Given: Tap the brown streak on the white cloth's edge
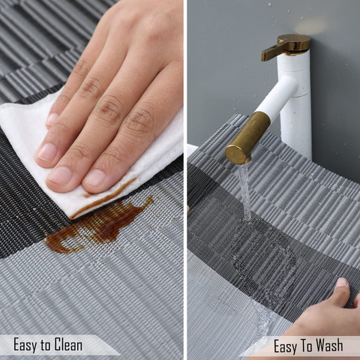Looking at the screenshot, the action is tap(105, 198).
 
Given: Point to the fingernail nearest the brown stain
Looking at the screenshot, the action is tap(94, 177).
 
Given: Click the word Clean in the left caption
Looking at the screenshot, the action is tap(68, 345).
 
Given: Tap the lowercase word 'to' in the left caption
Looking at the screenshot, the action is tap(46, 346).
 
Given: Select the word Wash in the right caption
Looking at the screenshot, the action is tap(329, 346).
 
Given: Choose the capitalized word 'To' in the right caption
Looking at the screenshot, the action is tap(307, 346).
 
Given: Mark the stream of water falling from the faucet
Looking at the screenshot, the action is tap(244, 193).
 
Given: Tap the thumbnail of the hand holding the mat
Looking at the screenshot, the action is tap(342, 283).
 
